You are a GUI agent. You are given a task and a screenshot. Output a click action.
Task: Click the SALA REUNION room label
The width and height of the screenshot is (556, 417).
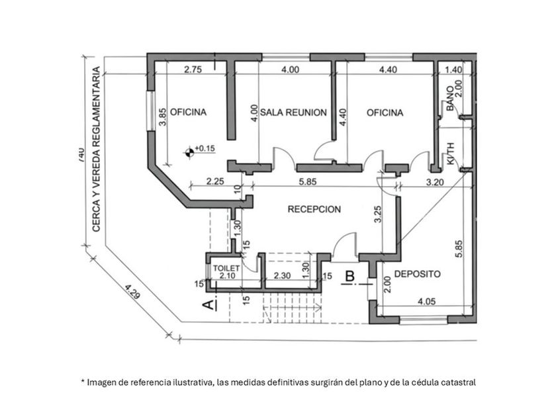tap(293, 113)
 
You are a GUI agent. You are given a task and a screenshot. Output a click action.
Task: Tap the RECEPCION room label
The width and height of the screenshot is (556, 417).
tap(314, 209)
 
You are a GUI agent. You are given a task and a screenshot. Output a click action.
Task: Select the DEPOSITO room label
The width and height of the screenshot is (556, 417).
tap(417, 273)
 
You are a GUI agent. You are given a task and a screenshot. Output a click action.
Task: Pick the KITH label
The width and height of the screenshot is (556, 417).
tap(451, 153)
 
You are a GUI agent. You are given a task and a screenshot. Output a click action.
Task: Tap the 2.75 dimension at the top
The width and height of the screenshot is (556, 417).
tap(193, 69)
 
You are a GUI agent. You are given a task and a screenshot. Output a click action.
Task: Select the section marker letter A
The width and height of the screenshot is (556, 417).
tap(208, 304)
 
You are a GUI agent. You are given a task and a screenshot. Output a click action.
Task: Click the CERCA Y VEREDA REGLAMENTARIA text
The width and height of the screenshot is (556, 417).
tap(96, 149)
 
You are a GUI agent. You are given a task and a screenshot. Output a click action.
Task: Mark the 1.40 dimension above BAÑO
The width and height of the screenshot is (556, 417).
tap(453, 69)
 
